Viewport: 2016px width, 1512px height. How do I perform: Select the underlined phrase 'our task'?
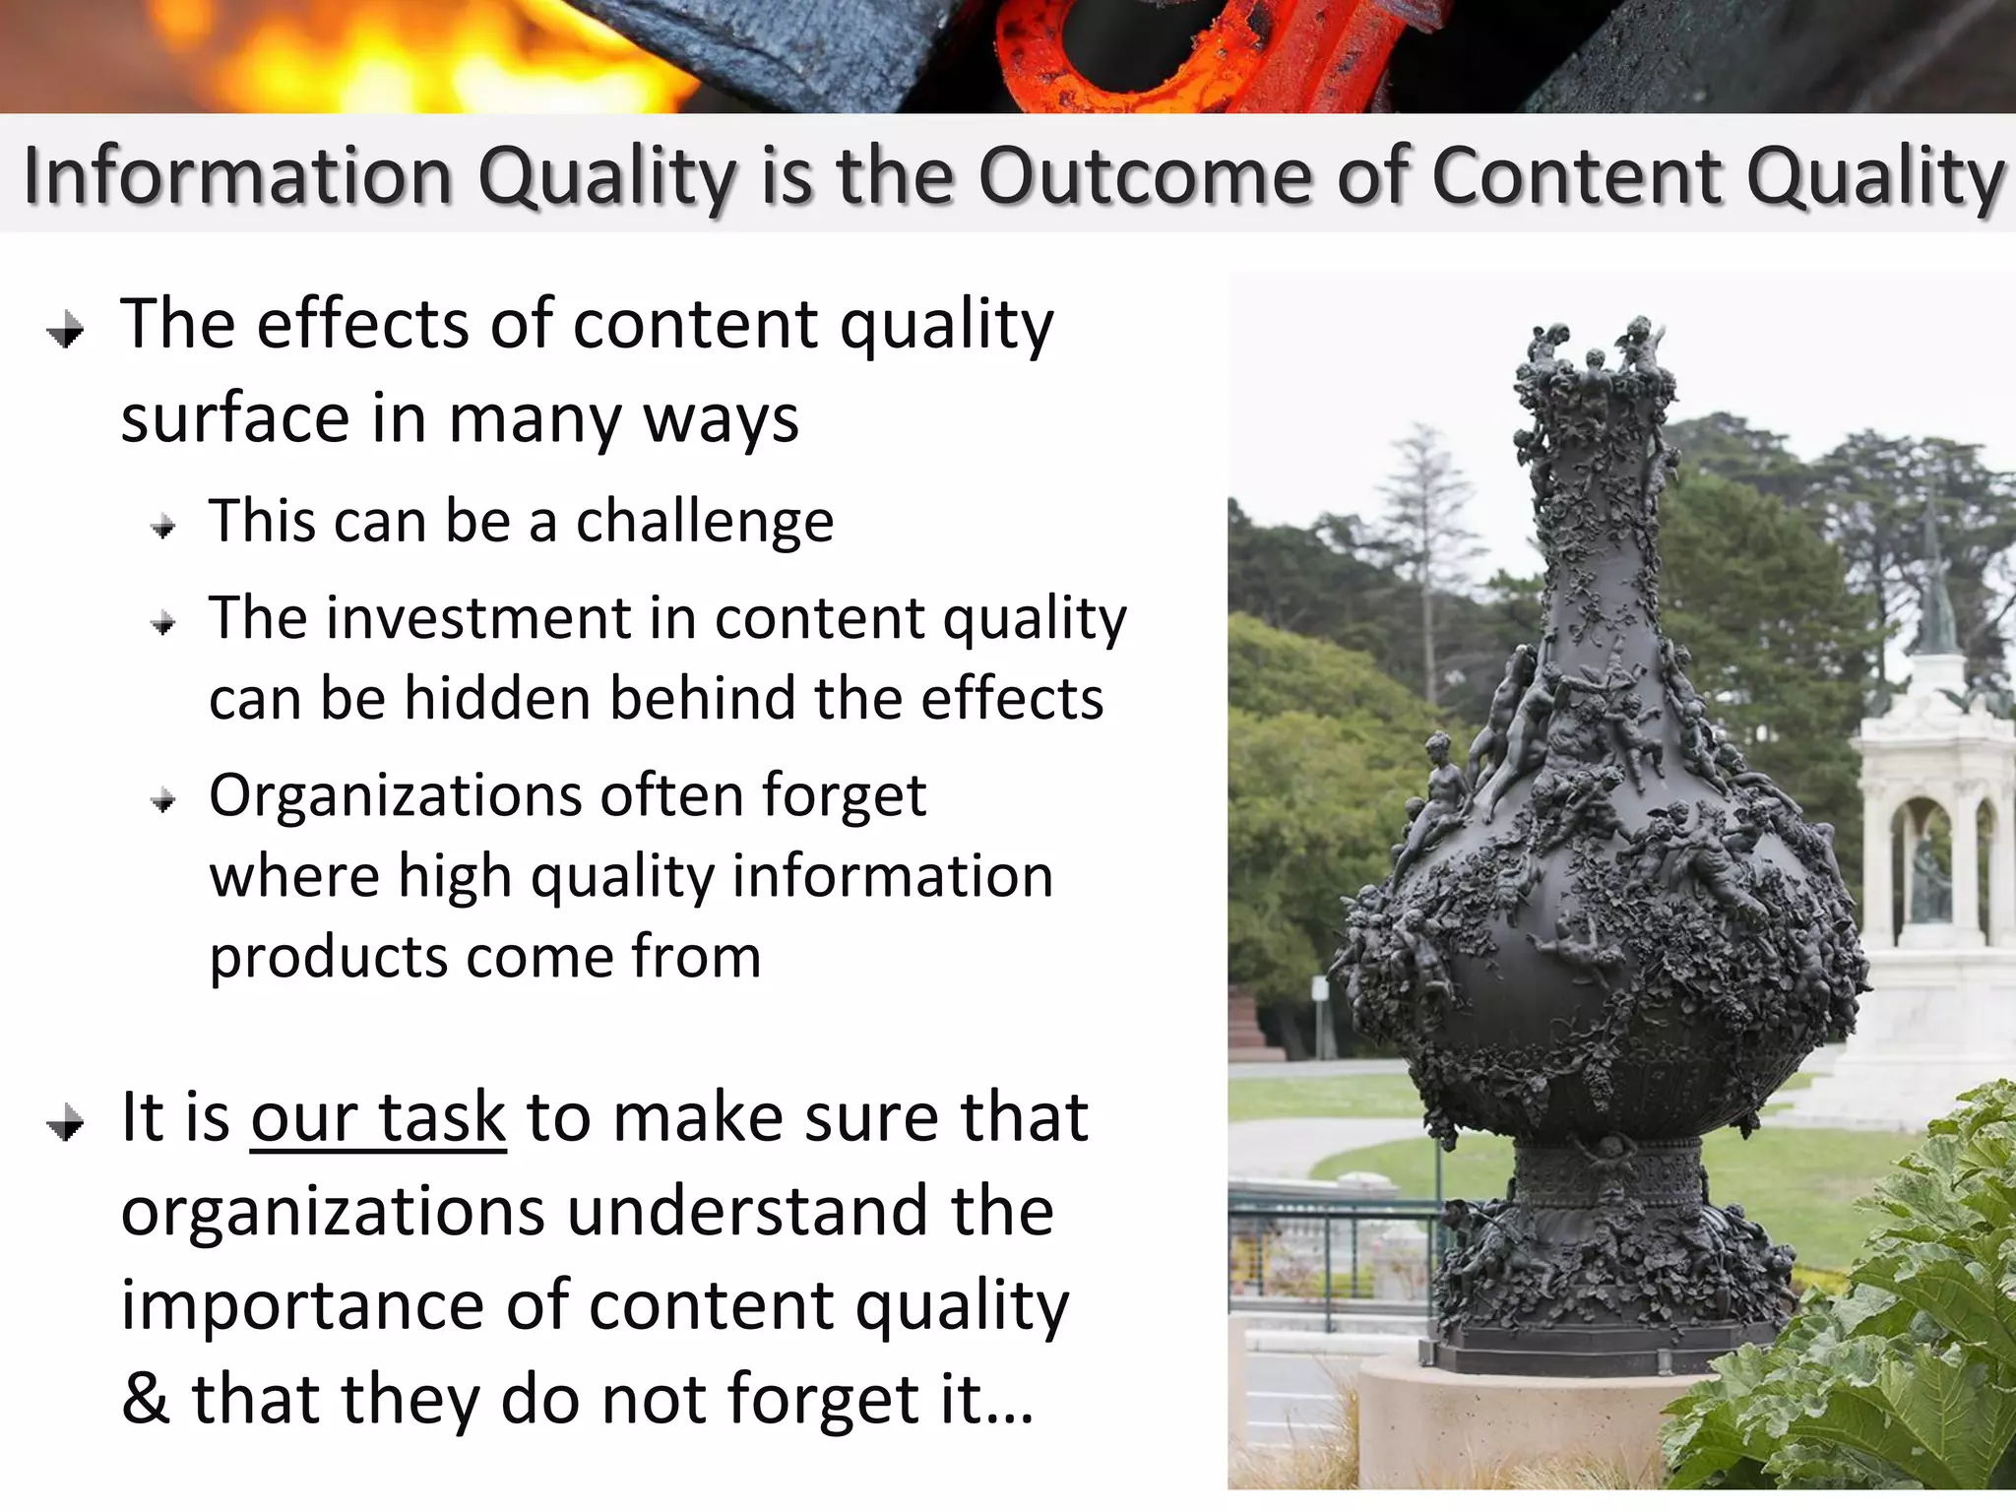click(x=378, y=1119)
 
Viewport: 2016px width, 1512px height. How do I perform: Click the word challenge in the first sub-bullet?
click(x=704, y=522)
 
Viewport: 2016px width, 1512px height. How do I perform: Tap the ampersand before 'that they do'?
click(x=146, y=1399)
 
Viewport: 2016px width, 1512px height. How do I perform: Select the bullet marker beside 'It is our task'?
click(x=66, y=1123)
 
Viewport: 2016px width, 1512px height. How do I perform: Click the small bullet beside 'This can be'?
click(x=163, y=528)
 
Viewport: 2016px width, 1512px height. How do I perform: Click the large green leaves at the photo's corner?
click(x=1870, y=1329)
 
